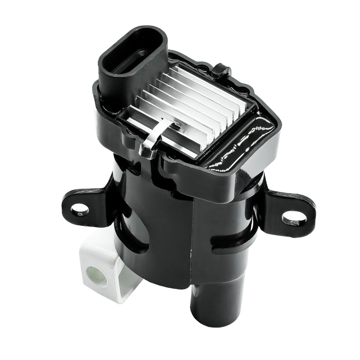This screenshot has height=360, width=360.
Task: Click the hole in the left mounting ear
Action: click(80, 209)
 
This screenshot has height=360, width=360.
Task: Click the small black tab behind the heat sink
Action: click(221, 71)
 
